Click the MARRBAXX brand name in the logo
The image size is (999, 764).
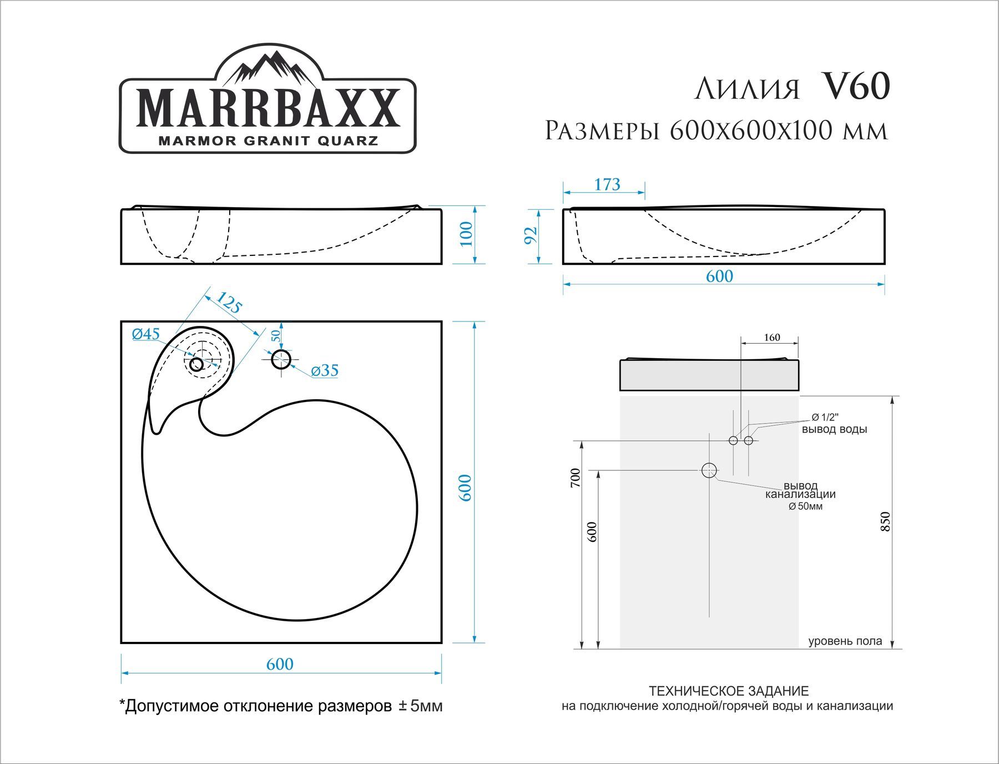click(x=268, y=109)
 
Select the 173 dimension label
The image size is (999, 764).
click(x=607, y=184)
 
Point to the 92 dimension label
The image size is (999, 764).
click(x=531, y=235)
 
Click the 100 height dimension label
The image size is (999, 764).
click(x=466, y=234)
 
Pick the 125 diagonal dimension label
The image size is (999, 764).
click(x=229, y=303)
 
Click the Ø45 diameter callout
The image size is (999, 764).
click(x=146, y=334)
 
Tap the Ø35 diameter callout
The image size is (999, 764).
click(x=325, y=371)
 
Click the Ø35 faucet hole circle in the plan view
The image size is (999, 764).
click(x=281, y=359)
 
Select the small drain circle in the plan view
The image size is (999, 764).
click(x=196, y=364)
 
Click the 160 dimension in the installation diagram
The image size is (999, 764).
click(x=771, y=338)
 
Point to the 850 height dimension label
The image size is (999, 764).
click(x=885, y=522)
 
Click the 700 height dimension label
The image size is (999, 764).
click(x=576, y=478)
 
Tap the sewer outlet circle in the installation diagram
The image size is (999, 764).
click(x=709, y=470)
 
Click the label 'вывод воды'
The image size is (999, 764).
click(x=834, y=429)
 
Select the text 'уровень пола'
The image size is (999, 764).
click(x=845, y=641)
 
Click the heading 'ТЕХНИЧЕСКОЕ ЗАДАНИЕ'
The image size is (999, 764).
click(x=729, y=691)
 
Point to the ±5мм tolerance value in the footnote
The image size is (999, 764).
click(x=421, y=706)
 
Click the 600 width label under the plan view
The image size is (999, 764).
click(x=280, y=664)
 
